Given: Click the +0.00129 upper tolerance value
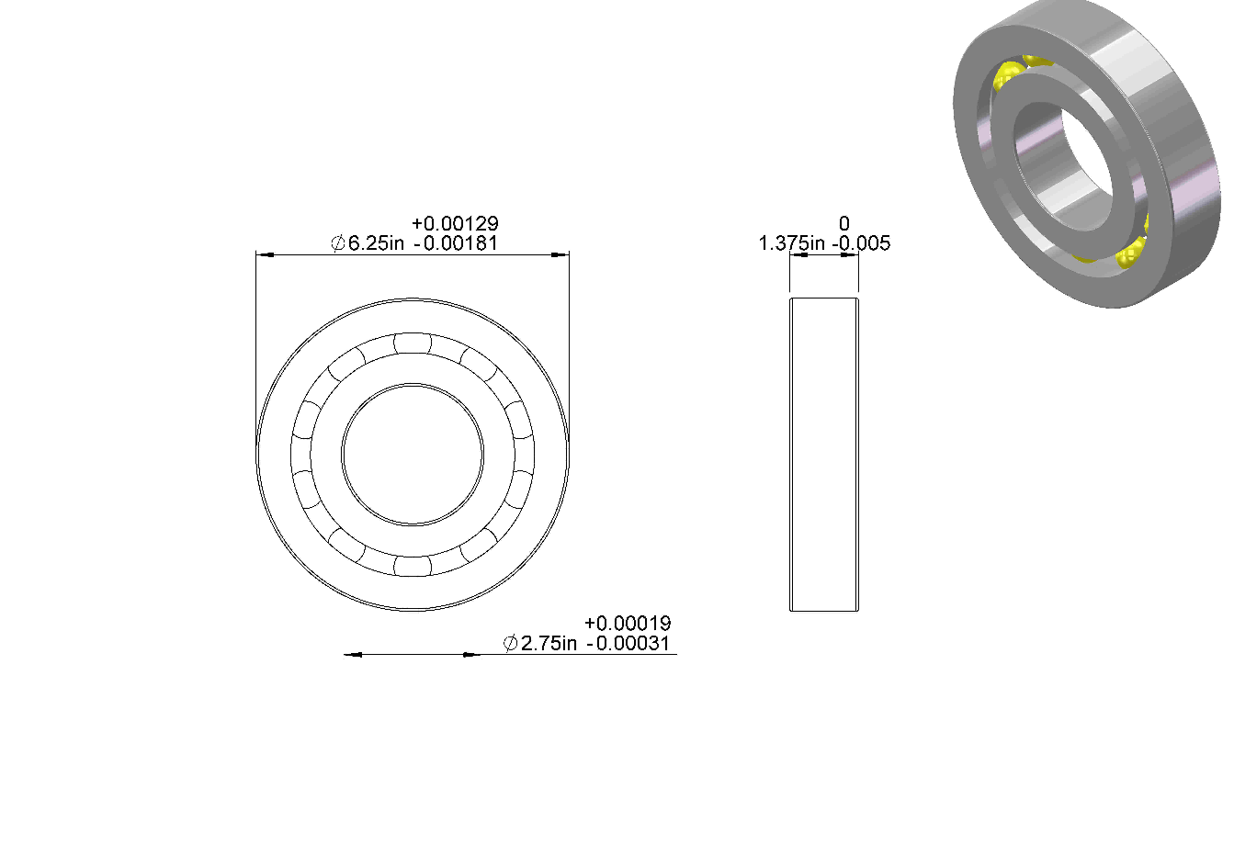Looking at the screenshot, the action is click(455, 223).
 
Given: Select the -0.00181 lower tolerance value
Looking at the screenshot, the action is click(456, 242).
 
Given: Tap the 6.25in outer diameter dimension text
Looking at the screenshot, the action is click(376, 242).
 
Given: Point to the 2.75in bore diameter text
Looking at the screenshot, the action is click(549, 643).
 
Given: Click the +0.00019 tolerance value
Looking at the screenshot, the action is click(628, 623).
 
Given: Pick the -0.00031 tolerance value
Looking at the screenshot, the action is click(628, 643).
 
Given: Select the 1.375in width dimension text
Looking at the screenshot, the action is click(792, 242).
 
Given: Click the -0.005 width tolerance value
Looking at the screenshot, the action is click(861, 242).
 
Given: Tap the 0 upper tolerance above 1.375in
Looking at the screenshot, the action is click(844, 223).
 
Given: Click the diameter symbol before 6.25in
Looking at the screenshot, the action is click(338, 242).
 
